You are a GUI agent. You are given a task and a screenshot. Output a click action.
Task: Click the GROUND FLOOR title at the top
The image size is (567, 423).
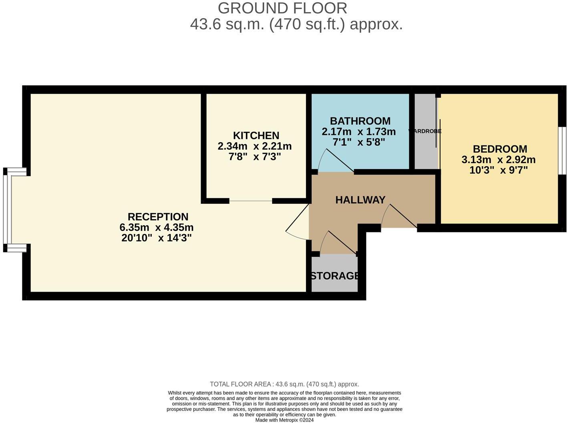click(x=282, y=8)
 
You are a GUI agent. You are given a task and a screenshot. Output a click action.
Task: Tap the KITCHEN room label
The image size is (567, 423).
click(x=256, y=135)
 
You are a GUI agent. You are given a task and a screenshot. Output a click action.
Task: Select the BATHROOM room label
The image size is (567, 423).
click(x=360, y=121)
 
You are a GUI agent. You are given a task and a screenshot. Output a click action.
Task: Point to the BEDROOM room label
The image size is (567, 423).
click(x=500, y=149)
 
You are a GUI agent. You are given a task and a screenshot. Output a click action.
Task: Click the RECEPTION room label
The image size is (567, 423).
click(x=158, y=217)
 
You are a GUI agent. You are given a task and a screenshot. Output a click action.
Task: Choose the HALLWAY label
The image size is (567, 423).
click(x=360, y=200)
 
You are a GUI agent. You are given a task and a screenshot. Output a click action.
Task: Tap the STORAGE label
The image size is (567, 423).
click(x=335, y=276)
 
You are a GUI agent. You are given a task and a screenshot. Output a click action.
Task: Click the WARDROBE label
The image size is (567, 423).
click(x=425, y=131)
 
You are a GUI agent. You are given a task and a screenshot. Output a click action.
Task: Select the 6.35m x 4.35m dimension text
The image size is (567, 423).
click(x=157, y=228)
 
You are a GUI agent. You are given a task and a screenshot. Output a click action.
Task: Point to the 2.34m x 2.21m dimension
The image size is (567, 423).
click(x=254, y=146)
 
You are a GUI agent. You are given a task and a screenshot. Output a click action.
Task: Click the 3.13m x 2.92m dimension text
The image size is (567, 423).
click(x=499, y=160)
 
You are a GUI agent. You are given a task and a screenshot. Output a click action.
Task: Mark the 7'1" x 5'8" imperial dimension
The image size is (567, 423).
click(x=354, y=142)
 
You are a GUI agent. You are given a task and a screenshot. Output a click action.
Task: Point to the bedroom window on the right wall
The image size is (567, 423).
click(x=562, y=151)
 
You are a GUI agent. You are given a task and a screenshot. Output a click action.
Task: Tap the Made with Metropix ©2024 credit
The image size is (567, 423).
click(x=284, y=420)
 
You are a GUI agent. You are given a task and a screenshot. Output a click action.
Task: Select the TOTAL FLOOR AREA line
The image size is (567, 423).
click(x=284, y=384)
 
